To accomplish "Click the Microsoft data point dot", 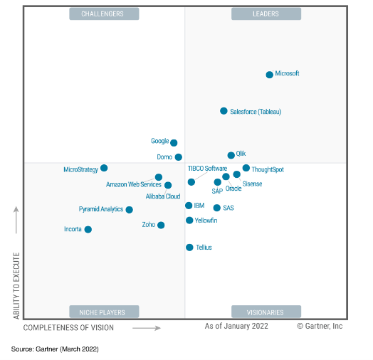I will tap(270, 75).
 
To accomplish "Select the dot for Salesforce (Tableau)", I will tap(224, 111).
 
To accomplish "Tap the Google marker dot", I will tap(174, 143).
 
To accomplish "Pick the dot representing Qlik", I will tap(231, 155).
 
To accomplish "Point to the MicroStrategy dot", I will tap(104, 168).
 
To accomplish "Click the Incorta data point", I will tap(88, 229).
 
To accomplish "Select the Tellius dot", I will tap(189, 248).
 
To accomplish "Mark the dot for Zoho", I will tap(161, 225).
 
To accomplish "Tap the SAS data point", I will tap(217, 208).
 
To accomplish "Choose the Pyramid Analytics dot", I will tap(129, 210).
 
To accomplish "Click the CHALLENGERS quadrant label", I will tap(103, 14).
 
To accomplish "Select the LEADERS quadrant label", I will tap(266, 14).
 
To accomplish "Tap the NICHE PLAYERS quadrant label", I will tap(103, 312).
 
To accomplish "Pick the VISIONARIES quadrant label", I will tap(266, 312).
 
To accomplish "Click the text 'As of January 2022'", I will tap(236, 326).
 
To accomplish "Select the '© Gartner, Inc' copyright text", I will tap(320, 326).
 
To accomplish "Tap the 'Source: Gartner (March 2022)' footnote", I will tap(54, 349).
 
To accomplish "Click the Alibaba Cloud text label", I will tap(163, 196).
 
